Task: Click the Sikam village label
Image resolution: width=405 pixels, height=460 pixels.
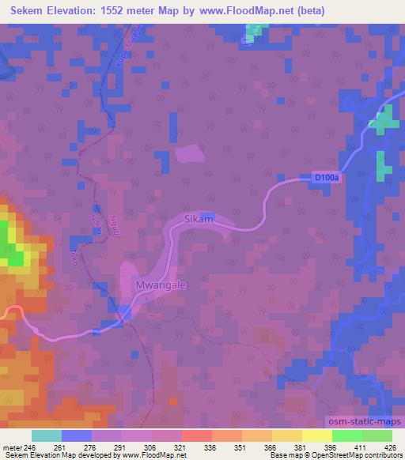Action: (x=199, y=219)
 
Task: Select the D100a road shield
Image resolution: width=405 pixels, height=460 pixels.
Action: (x=324, y=179)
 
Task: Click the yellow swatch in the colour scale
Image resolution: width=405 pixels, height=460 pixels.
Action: (x=317, y=435)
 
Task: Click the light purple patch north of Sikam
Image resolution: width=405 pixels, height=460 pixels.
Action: (x=190, y=153)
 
